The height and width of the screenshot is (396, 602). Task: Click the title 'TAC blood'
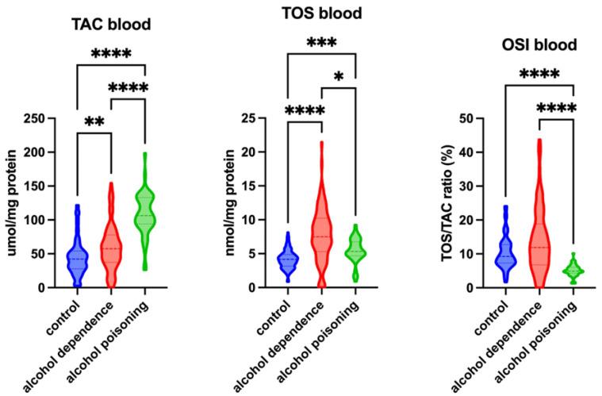(111, 25)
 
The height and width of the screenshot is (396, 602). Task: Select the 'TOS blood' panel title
(323, 13)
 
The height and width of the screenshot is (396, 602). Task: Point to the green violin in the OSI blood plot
(573, 271)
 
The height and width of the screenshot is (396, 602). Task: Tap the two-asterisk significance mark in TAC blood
(94, 123)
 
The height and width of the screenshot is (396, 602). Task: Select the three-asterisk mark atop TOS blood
(323, 43)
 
